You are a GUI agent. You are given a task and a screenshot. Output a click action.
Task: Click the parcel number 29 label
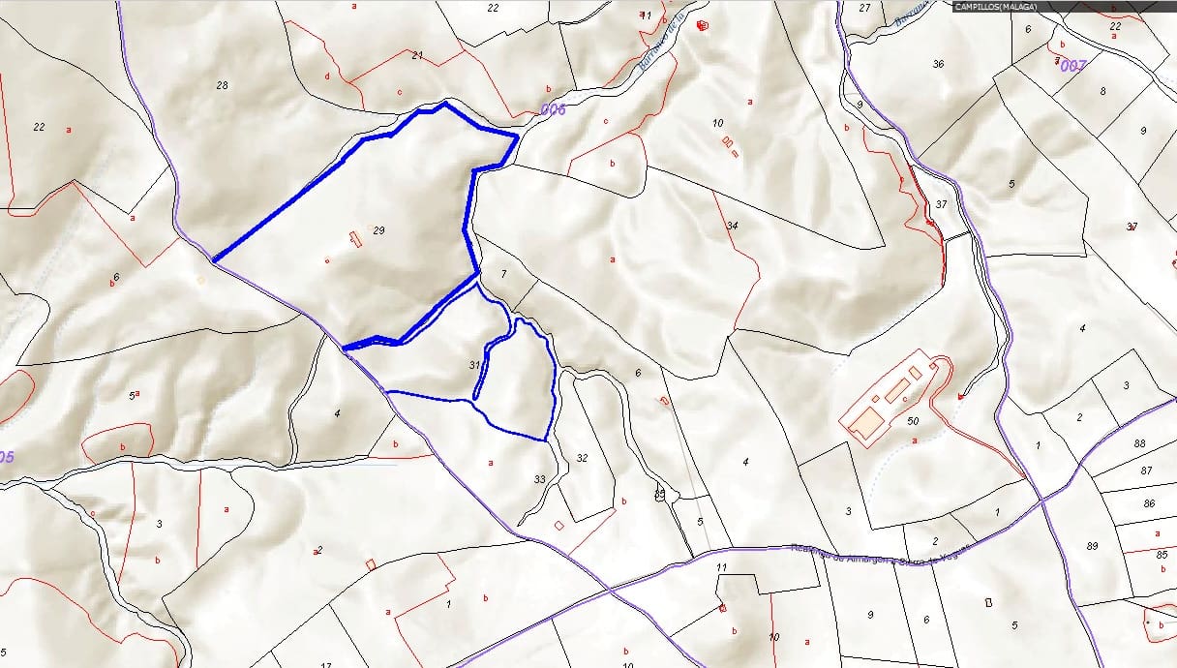(x=378, y=230)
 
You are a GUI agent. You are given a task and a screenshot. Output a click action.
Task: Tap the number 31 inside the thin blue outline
(x=474, y=365)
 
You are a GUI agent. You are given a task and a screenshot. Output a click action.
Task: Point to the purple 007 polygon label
(x=1072, y=66)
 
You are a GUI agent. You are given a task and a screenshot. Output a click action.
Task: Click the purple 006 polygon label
(x=553, y=109)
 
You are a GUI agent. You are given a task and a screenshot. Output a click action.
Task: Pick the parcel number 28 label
(x=222, y=86)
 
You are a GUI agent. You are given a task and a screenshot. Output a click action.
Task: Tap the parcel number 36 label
(x=937, y=64)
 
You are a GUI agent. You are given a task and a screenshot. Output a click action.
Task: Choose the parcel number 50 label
(x=913, y=420)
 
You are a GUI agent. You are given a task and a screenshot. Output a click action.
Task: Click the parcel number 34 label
(x=733, y=226)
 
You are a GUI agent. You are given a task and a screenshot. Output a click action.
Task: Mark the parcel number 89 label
(x=1092, y=547)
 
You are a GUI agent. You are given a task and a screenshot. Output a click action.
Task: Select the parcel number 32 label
(x=582, y=458)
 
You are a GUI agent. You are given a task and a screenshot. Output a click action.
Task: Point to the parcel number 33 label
(x=539, y=478)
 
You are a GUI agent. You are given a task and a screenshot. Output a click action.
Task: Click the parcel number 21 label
(x=417, y=56)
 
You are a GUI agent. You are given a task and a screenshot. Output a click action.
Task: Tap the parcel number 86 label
(x=1149, y=504)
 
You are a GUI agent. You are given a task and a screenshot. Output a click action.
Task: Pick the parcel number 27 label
(x=864, y=8)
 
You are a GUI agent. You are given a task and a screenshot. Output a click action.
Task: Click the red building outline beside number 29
(x=355, y=238)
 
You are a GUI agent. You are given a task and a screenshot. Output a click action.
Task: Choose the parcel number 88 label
(x=1139, y=443)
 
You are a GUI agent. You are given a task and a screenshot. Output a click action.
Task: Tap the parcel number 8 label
(x=1102, y=92)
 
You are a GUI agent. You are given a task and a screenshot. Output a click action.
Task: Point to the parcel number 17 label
(x=326, y=665)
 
